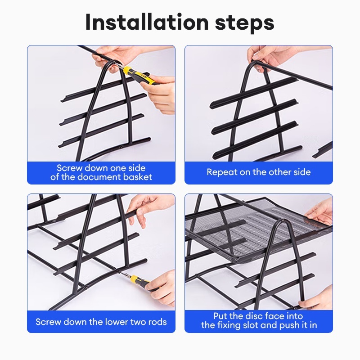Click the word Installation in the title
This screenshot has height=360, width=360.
click(x=147, y=22)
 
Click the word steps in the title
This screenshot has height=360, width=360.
click(x=245, y=23)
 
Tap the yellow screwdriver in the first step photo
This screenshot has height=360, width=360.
click(x=136, y=74)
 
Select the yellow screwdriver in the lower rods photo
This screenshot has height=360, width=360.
click(x=137, y=281)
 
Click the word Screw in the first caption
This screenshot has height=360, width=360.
click(x=70, y=168)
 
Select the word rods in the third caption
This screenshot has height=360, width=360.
click(x=157, y=322)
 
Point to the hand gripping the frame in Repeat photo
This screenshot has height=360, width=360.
click(x=266, y=58)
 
